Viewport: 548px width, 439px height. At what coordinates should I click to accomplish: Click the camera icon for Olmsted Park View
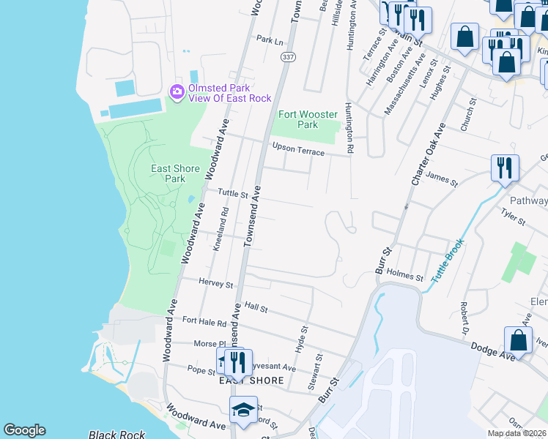pos(177,92)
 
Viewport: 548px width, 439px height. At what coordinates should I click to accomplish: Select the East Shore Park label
pos(175,173)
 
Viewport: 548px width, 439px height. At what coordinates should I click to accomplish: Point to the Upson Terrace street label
pos(297,149)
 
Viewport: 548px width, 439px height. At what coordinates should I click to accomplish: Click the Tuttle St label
pos(233,194)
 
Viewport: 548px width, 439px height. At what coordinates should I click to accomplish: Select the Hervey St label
pos(215,283)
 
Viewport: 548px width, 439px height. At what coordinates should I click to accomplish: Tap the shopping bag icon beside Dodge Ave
pos(518,340)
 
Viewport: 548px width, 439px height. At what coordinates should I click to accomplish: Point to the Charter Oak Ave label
pos(428,154)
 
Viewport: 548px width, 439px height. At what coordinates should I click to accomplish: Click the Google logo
pos(24,430)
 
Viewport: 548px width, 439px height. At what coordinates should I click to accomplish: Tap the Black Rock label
pos(111,435)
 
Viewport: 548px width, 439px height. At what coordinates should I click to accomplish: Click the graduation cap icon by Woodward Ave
pos(243,410)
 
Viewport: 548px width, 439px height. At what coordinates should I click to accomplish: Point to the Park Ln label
pos(269,40)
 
